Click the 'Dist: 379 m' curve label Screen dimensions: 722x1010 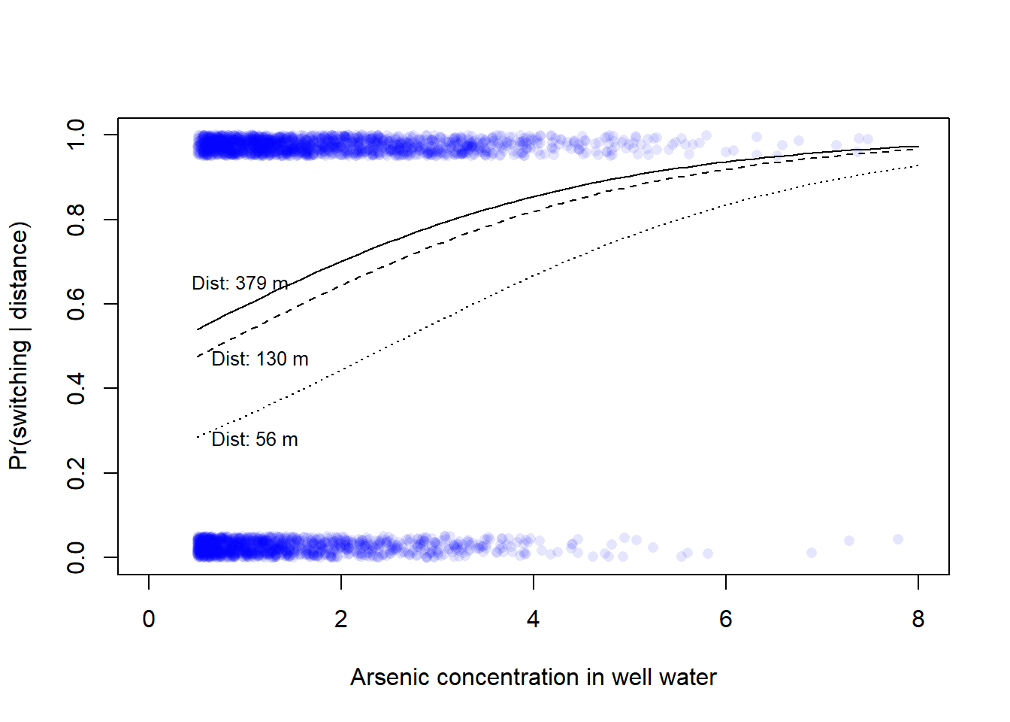point(240,284)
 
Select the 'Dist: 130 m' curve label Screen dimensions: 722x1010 point(259,359)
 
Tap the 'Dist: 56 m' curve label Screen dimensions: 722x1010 point(254,440)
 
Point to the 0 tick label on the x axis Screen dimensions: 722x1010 point(149,620)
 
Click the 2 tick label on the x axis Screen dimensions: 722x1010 point(341,620)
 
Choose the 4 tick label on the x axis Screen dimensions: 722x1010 point(534,620)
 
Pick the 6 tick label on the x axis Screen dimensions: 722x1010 point(726,620)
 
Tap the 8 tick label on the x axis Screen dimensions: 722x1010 point(918,620)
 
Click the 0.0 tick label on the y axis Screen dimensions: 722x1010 point(76,557)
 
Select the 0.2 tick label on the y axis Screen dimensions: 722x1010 point(76,473)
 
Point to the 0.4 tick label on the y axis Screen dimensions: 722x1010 point(76,388)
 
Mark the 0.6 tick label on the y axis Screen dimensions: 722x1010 point(76,304)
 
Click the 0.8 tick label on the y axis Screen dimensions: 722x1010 point(76,220)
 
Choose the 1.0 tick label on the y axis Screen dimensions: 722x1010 point(76,135)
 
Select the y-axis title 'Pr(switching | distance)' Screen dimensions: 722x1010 point(19,346)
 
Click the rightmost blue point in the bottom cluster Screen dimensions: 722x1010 point(897,539)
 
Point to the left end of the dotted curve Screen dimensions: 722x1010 point(198,437)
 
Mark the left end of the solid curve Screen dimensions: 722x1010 point(198,329)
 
